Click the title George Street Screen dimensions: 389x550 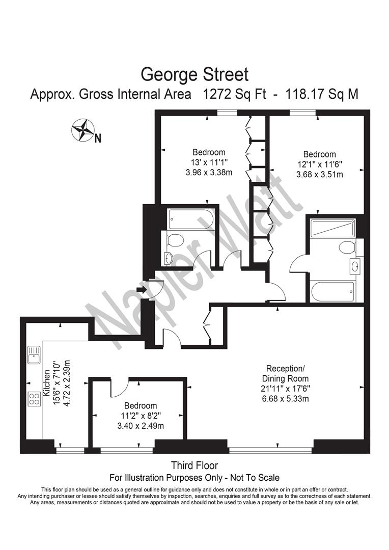[194, 75]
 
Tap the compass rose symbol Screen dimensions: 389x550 [82, 130]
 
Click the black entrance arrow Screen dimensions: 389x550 [141, 289]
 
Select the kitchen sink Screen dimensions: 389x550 [34, 355]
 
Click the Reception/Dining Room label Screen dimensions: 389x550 [286, 374]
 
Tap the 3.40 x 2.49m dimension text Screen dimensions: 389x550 [141, 426]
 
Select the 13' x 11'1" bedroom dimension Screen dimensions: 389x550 [209, 162]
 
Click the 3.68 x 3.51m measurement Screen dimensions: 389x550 [320, 174]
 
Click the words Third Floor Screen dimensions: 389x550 [194, 465]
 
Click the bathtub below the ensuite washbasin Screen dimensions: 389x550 [333, 291]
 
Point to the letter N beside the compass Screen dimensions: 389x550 [98, 139]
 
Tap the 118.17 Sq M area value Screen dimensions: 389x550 [322, 94]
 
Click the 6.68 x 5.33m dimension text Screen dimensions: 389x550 [286, 398]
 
